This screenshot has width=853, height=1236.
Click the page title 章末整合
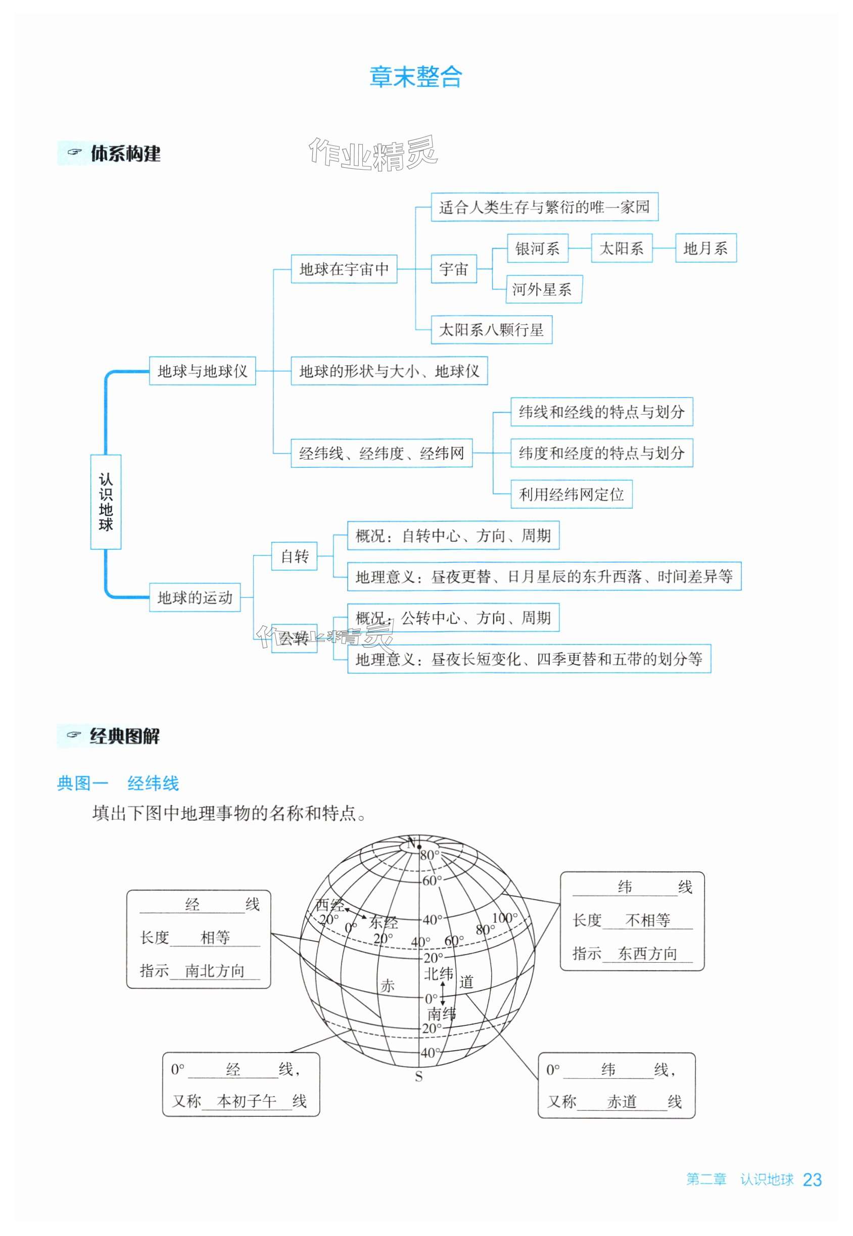click(416, 77)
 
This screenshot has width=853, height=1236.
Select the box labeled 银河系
click(537, 249)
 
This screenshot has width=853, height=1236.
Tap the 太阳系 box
click(621, 249)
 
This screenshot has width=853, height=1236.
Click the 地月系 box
click(705, 249)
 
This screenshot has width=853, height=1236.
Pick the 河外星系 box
click(543, 289)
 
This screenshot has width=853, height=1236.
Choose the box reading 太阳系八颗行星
click(491, 329)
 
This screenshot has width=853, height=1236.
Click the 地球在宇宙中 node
click(344, 269)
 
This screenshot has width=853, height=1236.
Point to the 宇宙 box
click(453, 269)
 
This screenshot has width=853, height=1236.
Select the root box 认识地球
click(106, 502)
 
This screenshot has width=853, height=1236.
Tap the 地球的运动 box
click(195, 597)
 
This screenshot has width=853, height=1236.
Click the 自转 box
click(295, 557)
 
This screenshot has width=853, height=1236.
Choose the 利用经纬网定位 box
click(571, 494)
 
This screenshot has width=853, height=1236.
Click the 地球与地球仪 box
click(202, 371)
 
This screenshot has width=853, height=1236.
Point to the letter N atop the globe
click(411, 844)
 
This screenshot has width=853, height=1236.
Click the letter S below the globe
click(418, 1077)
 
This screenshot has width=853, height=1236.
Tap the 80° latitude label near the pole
click(429, 855)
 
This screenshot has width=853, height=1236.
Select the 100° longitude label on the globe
click(504, 918)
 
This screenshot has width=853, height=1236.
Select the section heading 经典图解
click(124, 736)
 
